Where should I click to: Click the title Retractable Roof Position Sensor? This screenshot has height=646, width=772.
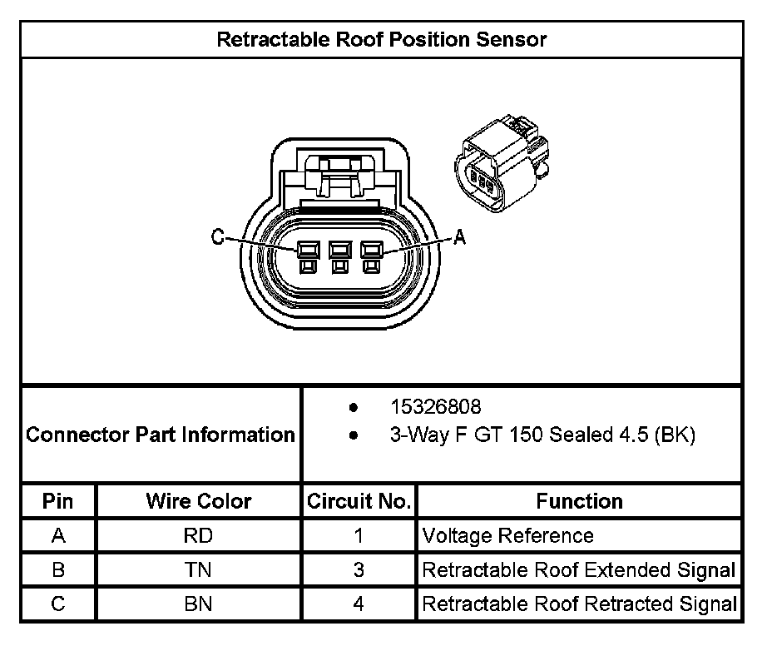pyautogui.click(x=382, y=39)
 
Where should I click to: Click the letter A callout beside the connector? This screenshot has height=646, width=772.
pyautogui.click(x=458, y=238)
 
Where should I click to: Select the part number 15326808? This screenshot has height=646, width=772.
pyautogui.click(x=436, y=407)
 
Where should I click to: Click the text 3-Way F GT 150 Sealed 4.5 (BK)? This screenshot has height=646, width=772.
pyautogui.click(x=542, y=435)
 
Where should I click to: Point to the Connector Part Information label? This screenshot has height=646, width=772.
pyautogui.click(x=161, y=435)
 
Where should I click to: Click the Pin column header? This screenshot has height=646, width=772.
pyautogui.click(x=58, y=501)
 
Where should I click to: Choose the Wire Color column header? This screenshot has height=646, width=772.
pyautogui.click(x=199, y=501)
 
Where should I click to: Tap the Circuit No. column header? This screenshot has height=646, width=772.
pyautogui.click(x=359, y=501)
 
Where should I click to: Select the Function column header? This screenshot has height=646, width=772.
pyautogui.click(x=579, y=501)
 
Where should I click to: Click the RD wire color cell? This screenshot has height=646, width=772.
pyautogui.click(x=199, y=535)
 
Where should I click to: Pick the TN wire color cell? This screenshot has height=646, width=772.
pyautogui.click(x=199, y=570)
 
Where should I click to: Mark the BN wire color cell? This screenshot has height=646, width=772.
pyautogui.click(x=199, y=604)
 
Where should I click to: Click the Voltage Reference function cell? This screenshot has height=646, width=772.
pyautogui.click(x=508, y=535)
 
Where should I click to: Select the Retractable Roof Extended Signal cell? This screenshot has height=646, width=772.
pyautogui.click(x=579, y=570)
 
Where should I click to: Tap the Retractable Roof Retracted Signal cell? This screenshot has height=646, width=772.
pyautogui.click(x=579, y=604)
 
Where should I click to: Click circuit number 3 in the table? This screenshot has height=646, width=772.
pyautogui.click(x=359, y=570)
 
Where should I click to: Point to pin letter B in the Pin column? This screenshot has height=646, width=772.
pyautogui.click(x=58, y=570)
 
